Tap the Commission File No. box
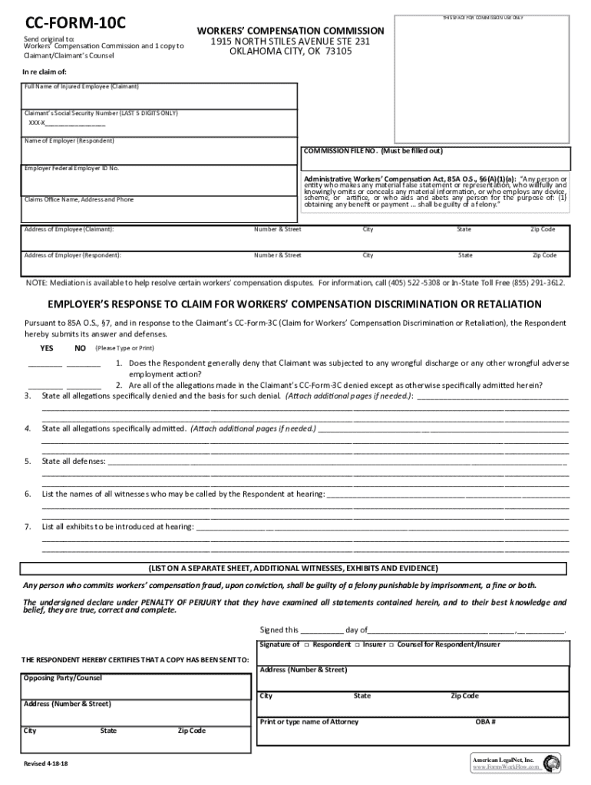[436, 159]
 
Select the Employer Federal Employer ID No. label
[72, 168]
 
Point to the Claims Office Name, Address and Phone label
[79, 199]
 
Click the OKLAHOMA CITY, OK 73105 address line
[291, 52]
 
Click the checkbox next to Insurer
[358, 645]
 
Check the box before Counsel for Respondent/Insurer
[391, 645]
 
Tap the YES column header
[47, 348]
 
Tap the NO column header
[80, 348]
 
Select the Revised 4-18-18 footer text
[45, 765]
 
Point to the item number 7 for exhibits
[28, 527]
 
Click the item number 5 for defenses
[28, 461]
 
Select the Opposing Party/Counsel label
[63, 678]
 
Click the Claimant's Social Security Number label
[101, 113]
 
